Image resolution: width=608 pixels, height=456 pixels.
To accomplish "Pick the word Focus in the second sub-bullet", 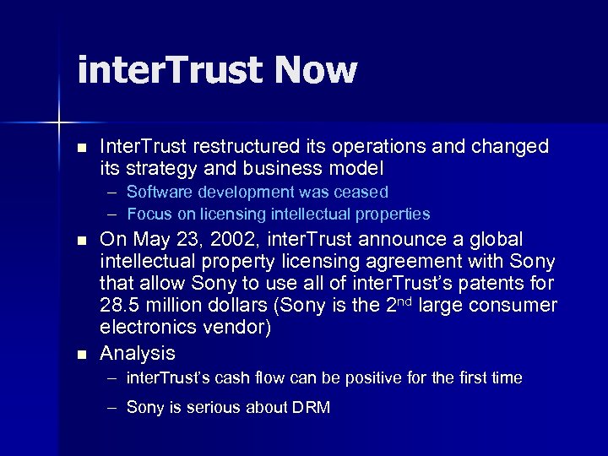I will [x=147, y=214].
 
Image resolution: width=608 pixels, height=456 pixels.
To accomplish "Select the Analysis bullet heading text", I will [x=138, y=353].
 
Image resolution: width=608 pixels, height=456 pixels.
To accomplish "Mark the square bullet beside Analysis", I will [x=81, y=354].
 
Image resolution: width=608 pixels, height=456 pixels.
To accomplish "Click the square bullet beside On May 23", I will [x=81, y=241].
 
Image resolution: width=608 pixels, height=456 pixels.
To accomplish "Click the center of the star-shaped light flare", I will [x=60, y=124].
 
